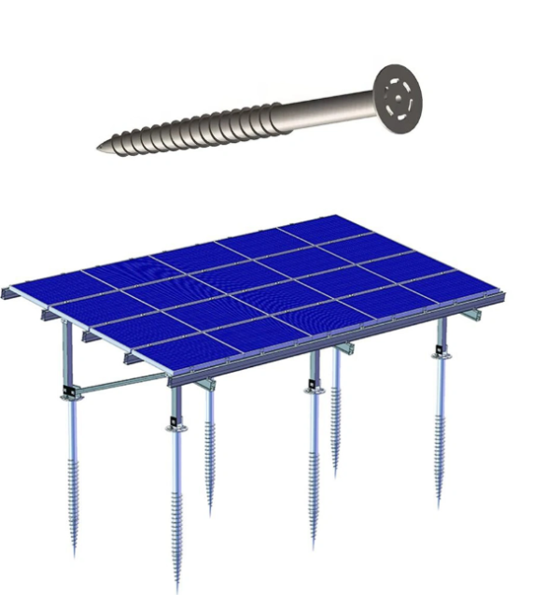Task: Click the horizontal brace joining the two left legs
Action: [121, 384]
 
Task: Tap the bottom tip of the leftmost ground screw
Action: [75, 553]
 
